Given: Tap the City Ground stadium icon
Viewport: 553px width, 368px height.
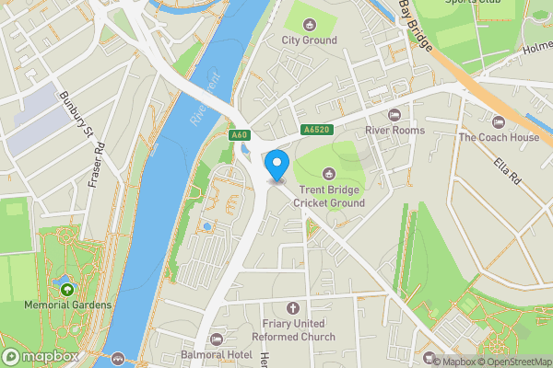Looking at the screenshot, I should click(310, 24).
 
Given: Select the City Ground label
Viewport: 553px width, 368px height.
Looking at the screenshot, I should click(310, 40).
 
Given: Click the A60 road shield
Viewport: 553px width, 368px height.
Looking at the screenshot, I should click(240, 135).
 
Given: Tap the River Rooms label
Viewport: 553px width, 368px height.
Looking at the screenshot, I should click(395, 131).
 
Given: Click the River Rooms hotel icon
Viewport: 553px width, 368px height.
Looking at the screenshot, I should click(395, 115).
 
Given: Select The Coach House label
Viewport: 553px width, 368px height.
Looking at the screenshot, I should click(499, 138).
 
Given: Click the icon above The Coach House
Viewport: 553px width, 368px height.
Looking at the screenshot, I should click(499, 122).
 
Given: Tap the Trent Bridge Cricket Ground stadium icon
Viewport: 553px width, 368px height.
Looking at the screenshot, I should click(329, 173).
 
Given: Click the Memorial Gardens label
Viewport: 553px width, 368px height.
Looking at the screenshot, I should click(67, 305).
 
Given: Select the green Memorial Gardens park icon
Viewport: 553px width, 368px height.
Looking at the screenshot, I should click(67, 290).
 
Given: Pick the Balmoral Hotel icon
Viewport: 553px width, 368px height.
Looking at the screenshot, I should click(218, 340).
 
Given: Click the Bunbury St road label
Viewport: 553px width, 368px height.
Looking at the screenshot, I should click(76, 116).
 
